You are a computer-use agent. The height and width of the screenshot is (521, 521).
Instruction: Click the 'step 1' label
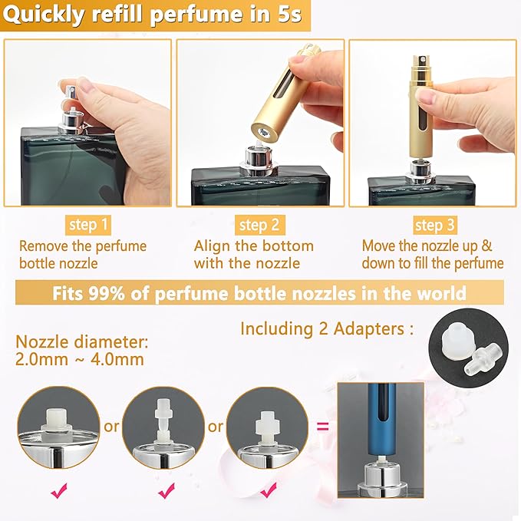89,225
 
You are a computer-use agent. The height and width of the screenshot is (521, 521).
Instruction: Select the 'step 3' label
434,225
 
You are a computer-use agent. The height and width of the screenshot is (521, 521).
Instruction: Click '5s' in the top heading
286,15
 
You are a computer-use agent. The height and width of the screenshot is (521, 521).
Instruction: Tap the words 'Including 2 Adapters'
322,328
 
